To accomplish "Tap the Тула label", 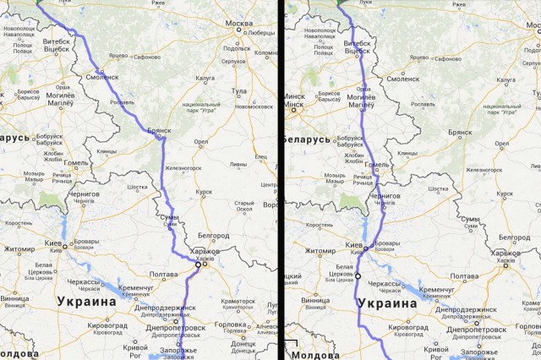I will pos(239,90).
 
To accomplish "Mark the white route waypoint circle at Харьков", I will pos(198,265).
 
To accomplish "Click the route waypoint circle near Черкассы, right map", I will pos(358,276).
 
